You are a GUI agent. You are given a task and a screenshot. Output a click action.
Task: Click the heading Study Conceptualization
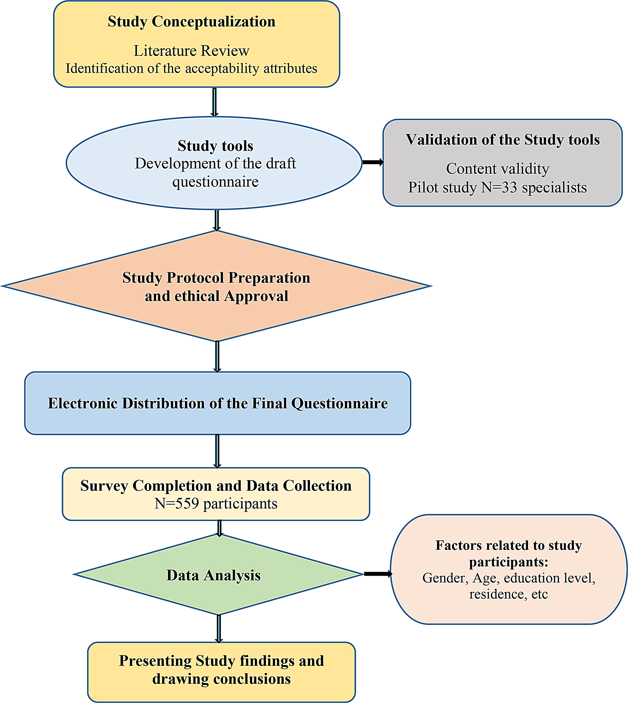(x=191, y=22)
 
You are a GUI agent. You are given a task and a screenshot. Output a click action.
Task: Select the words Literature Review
(x=191, y=51)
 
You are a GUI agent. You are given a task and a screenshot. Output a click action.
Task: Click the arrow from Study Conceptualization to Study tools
(x=215, y=102)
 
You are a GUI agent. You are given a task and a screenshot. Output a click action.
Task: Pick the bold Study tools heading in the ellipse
(x=215, y=146)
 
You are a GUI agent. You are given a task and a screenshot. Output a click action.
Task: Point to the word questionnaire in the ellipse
(x=215, y=182)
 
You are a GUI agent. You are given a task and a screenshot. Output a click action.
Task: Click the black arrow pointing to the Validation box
(x=373, y=162)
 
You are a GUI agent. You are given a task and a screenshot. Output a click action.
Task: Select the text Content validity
(x=497, y=169)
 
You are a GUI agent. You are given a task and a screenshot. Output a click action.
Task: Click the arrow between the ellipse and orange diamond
(x=217, y=220)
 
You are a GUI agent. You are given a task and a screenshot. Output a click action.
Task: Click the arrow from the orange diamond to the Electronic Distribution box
(x=217, y=356)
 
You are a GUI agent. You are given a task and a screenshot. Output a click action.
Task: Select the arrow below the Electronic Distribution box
(x=217, y=451)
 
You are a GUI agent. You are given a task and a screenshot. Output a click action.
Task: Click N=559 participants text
(x=216, y=504)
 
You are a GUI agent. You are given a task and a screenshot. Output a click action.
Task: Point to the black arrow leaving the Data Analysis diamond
(x=378, y=573)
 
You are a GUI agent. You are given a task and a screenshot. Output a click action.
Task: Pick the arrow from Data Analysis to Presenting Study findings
(x=219, y=628)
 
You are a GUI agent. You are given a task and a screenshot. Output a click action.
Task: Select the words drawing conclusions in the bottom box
(x=222, y=679)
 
